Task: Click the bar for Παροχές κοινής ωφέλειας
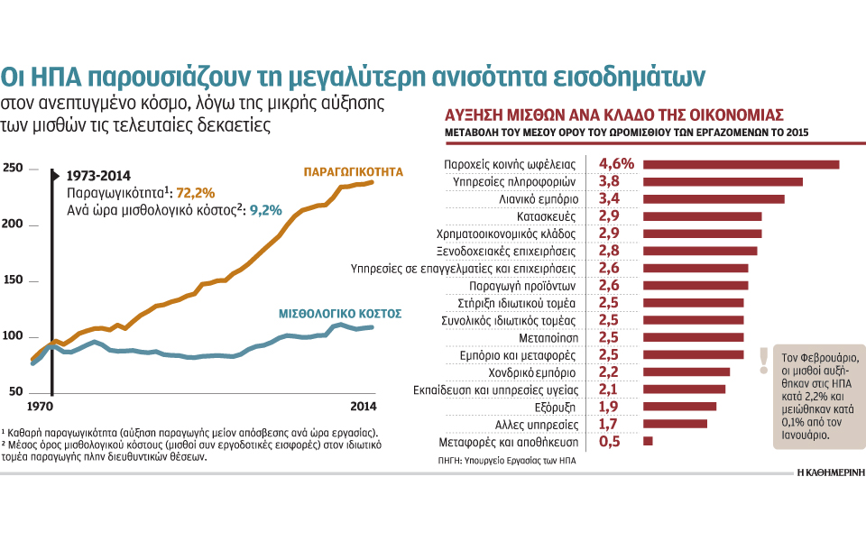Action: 741,164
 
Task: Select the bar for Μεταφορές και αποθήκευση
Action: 647,441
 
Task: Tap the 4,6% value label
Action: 617,163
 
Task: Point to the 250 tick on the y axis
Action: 12,169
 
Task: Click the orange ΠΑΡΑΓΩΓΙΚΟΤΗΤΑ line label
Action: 353,170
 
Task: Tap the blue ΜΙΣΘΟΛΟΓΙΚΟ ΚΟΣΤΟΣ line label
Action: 339,314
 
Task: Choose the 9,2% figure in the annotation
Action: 266,210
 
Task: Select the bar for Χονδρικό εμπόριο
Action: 686,371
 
